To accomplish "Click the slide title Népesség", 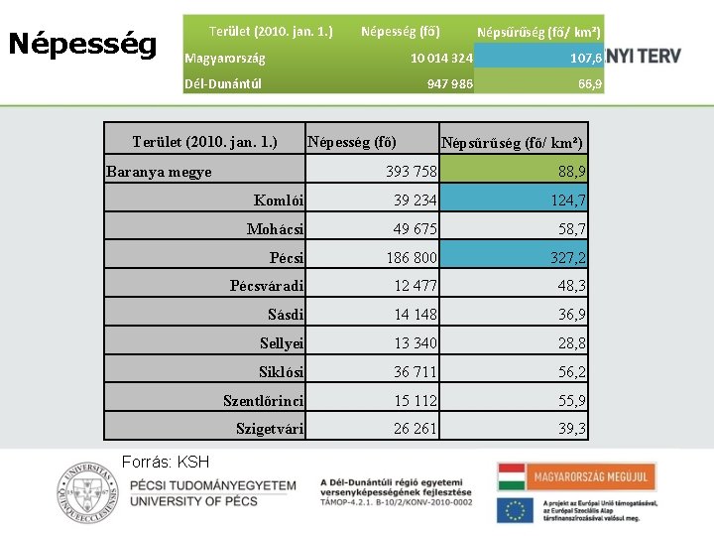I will tap(82, 44).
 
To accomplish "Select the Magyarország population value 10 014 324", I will tap(441, 59).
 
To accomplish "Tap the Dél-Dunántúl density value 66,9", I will tap(590, 84).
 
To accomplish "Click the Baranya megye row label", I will tap(159, 172).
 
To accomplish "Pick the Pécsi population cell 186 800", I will tap(412, 258).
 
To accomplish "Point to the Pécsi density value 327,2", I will tap(568, 258).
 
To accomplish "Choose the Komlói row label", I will tap(279, 201).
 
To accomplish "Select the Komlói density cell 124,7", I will tap(568, 201).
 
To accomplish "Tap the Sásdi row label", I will tap(286, 315).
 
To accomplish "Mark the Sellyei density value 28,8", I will tap(572, 343).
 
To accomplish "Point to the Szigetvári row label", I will tap(270, 429).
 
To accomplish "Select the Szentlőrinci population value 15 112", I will tap(415, 400).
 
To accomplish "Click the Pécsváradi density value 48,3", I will tap(572, 286).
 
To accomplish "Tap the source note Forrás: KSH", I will tap(165, 462).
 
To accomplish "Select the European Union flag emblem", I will tap(515, 510).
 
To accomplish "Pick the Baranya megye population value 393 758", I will tap(411, 172).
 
